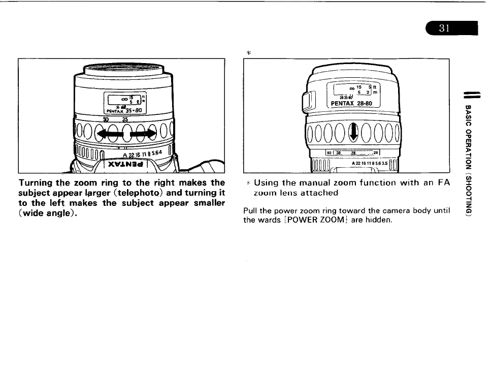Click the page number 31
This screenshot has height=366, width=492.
click(445, 29)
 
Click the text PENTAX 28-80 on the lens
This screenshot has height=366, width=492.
click(352, 104)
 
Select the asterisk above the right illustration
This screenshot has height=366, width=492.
click(249, 52)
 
